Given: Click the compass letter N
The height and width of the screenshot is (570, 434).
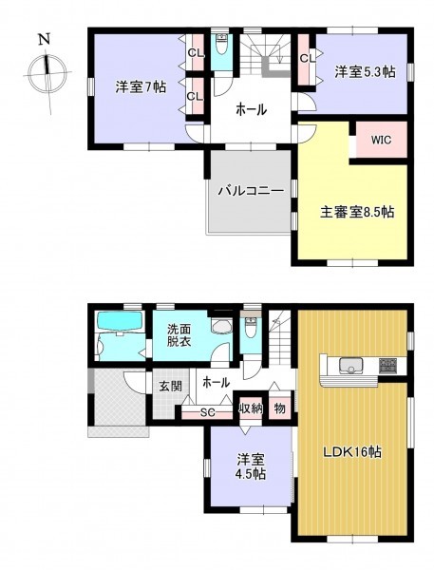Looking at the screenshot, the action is tap(45, 39).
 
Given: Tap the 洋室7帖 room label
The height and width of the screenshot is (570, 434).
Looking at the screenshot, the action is tap(142, 87).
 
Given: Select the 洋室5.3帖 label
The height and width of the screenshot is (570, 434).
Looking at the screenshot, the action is tap(365, 71).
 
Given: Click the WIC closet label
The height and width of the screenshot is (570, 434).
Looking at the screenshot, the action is tap(381, 140).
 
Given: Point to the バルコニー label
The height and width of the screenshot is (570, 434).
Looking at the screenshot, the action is tap(251, 191).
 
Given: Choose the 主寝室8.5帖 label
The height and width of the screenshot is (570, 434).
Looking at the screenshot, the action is tap(356, 212).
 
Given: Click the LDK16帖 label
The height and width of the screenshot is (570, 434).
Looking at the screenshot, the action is tap(352, 452).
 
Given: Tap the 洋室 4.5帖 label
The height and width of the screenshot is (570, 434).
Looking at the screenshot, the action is tap(251, 466).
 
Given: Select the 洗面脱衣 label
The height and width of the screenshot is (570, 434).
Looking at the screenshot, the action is tap(179, 335).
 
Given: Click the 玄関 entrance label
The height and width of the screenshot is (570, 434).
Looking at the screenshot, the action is tap(171, 386).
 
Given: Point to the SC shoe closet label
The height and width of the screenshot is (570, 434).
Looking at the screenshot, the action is tap(208, 412).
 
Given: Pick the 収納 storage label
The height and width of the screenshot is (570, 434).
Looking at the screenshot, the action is tap(251, 408).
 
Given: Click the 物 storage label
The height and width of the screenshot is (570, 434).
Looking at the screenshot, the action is tap(279, 408).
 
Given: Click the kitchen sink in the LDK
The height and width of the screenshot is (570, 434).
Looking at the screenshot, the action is tap(350, 366).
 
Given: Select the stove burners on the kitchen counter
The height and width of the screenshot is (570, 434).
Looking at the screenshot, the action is tap(388, 365).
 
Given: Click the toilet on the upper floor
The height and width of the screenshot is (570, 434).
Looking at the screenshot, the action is tap(221, 45).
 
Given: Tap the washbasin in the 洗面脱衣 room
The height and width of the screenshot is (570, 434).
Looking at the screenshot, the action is tap(221, 326).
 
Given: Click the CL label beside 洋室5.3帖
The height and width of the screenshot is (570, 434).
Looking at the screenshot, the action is tap(308, 58).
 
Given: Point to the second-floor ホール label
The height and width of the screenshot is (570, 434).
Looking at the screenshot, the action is tap(251, 109).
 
